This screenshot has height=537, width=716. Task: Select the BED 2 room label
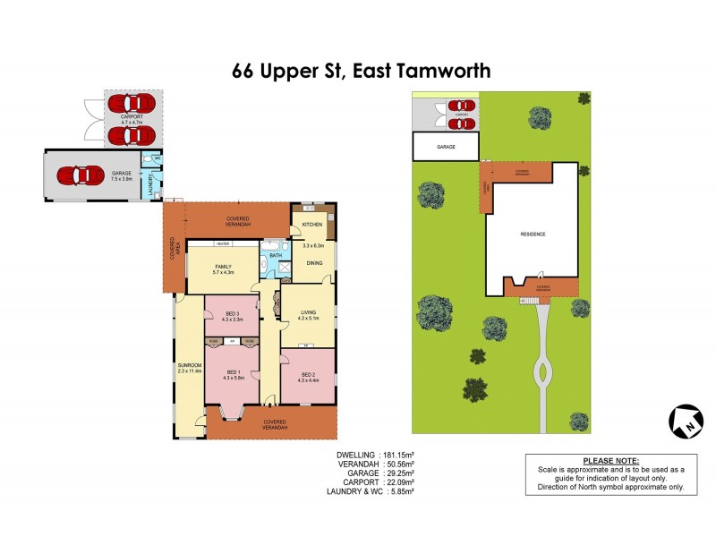(x=310, y=374)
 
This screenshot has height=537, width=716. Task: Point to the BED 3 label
(x=232, y=313)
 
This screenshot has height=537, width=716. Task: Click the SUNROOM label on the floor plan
(x=188, y=364)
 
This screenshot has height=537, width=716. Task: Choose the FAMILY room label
(x=222, y=267)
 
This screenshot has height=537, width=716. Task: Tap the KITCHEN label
(x=311, y=224)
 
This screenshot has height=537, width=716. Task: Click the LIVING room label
(x=309, y=312)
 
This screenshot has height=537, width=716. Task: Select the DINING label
(x=315, y=263)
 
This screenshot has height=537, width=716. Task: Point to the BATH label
(x=276, y=256)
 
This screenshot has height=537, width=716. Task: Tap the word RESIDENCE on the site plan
(x=533, y=234)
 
